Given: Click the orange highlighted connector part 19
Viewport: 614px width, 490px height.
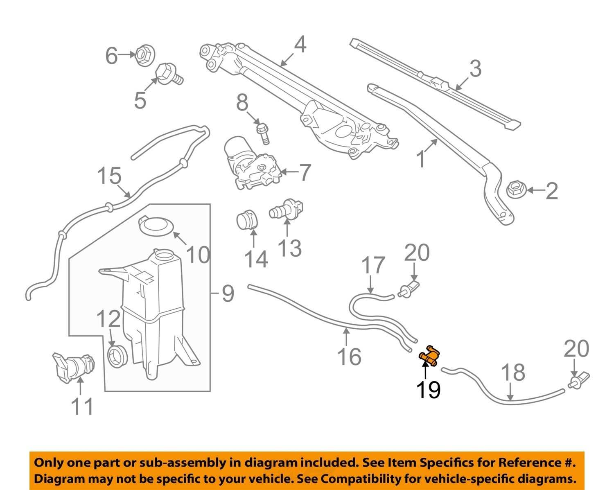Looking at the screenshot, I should click(429, 354).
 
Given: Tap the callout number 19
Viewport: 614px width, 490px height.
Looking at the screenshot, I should click(428, 390).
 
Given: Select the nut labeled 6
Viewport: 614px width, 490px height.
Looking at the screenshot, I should click(144, 54).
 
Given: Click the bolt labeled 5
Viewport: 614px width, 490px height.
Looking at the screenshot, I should click(168, 74).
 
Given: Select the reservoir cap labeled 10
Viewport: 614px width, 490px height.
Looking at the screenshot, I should click(156, 226).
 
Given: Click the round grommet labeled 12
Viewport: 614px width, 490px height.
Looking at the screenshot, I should click(117, 355).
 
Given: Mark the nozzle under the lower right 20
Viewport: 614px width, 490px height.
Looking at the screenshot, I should click(579, 381).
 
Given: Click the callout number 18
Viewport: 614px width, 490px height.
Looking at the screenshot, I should click(513, 372).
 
